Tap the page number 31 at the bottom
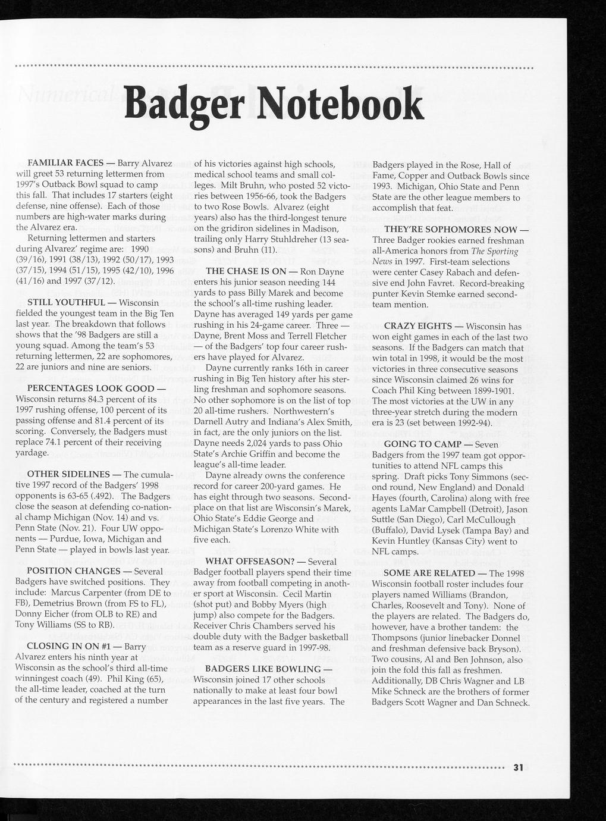pos(517,767)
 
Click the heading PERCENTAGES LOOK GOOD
pos(83,388)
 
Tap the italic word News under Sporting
pos(383,262)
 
